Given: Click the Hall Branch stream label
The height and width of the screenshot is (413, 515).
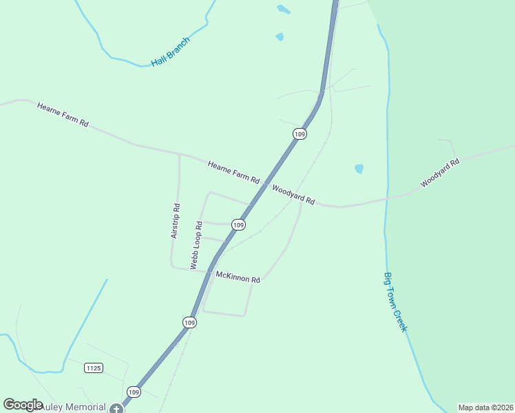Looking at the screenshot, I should click(x=170, y=52).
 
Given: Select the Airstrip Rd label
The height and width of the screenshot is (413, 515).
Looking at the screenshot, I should click(x=175, y=221).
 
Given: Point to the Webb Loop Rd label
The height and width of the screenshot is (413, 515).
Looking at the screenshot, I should click(x=196, y=244).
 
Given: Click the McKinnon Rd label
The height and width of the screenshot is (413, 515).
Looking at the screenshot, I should click(x=238, y=278).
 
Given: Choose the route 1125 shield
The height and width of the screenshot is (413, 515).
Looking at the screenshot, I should click(x=94, y=368).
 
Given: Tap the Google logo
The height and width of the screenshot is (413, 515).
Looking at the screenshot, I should click(x=23, y=405).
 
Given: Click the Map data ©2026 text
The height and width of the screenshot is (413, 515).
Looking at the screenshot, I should click(x=485, y=407).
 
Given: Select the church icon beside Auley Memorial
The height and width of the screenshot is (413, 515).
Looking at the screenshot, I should click(x=115, y=408).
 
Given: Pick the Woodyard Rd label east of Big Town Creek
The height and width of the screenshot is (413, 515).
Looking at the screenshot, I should click(x=439, y=173).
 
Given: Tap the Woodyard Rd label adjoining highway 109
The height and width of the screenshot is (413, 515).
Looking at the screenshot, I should click(x=293, y=195).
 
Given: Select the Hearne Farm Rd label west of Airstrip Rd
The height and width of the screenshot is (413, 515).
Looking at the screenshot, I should click(x=63, y=114).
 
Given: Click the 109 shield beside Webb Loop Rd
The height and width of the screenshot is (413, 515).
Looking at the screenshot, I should click(x=238, y=225).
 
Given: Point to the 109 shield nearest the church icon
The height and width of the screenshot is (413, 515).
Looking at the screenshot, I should click(x=134, y=392).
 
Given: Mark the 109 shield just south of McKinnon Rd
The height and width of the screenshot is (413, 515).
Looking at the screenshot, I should click(x=189, y=322).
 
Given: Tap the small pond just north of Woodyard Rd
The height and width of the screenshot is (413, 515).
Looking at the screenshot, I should click(x=359, y=169).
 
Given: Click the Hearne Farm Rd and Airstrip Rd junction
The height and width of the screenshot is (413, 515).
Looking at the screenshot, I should click(x=180, y=154).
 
